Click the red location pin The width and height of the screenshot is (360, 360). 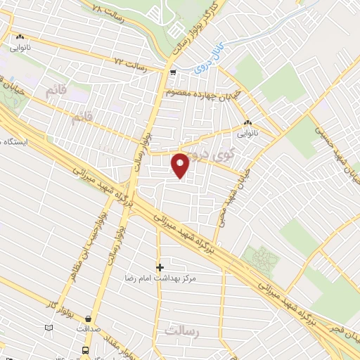(181, 165)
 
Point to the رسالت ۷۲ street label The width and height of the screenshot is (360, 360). (131, 64)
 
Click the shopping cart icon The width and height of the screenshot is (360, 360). (172, 71)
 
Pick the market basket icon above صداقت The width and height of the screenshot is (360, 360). (89, 318)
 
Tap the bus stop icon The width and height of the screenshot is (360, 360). (86, 349)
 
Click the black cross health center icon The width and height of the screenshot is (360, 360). (160, 266)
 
